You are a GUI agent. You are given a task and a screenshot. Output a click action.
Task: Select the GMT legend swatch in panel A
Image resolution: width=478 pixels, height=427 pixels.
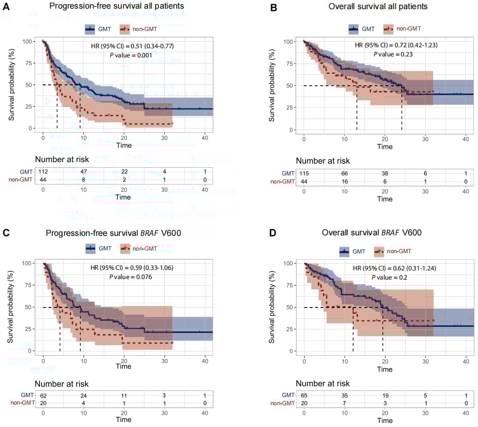pos(91,29)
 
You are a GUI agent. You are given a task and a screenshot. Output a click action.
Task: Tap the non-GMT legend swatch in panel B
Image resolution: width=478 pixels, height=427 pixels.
pos(389,29)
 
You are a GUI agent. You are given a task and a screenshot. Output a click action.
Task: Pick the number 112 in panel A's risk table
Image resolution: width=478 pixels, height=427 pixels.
pos(43,171)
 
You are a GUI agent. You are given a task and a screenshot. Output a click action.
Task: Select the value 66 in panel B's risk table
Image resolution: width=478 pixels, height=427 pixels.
pos(344,174)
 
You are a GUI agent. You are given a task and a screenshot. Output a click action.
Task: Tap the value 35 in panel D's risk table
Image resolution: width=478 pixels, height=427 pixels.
pos(344,394)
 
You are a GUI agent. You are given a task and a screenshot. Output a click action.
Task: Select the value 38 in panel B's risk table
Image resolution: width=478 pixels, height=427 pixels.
pos(384,174)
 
